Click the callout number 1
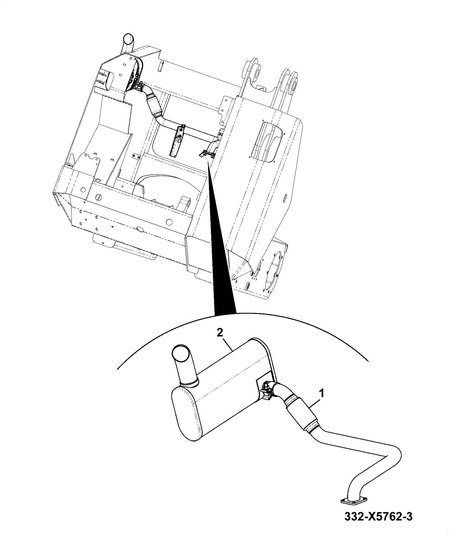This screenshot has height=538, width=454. [x=322, y=395]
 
